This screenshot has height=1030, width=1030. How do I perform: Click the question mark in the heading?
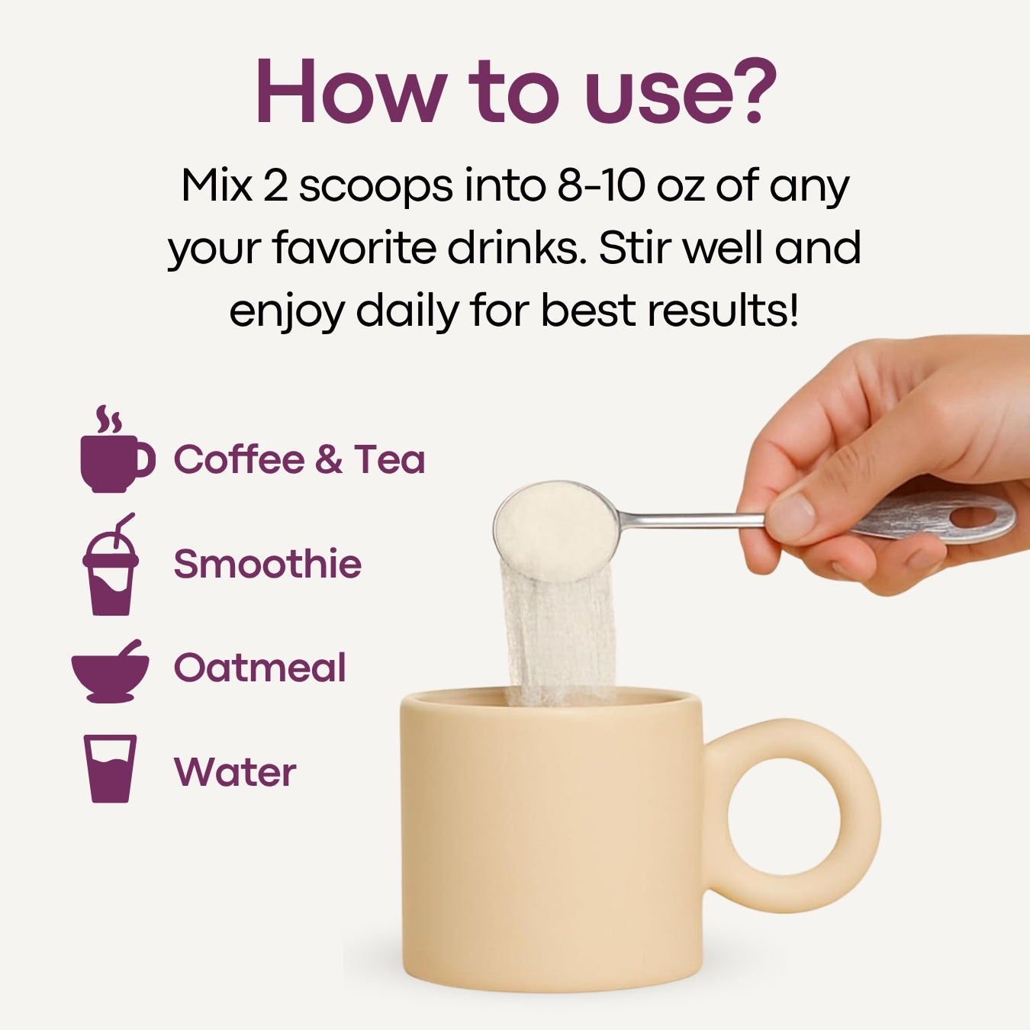click(753, 89)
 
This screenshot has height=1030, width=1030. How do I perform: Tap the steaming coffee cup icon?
click(114, 454)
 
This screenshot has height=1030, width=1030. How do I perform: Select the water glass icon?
click(111, 768)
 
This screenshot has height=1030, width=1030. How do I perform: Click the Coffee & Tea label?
click(299, 459)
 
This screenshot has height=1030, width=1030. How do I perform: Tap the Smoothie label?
click(267, 564)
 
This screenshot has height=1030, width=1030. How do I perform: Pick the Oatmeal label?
click(259, 668)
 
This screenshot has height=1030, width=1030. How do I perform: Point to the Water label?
click(235, 771)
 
